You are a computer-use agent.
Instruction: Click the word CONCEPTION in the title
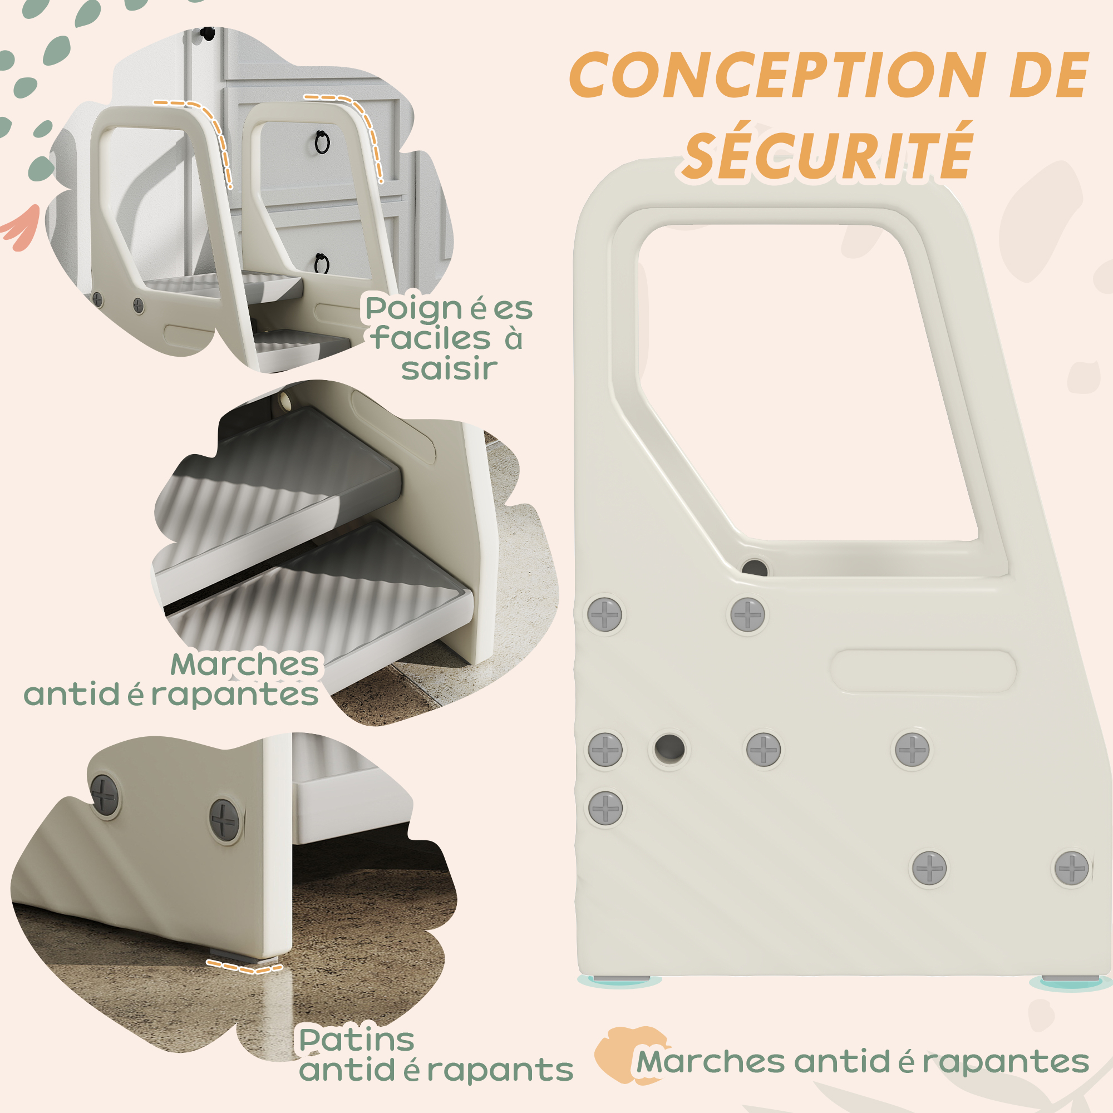click(779, 75)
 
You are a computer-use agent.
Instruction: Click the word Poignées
click(449, 309)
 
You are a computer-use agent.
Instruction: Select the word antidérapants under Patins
click(436, 1070)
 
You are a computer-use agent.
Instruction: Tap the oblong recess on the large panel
click(923, 671)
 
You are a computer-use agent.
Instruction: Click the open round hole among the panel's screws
click(669, 748)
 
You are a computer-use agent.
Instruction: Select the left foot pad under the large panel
click(621, 979)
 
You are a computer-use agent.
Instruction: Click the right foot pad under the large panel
click(1070, 979)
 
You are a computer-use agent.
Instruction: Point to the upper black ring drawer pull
click(322, 142)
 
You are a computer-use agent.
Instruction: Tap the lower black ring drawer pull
click(322, 264)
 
